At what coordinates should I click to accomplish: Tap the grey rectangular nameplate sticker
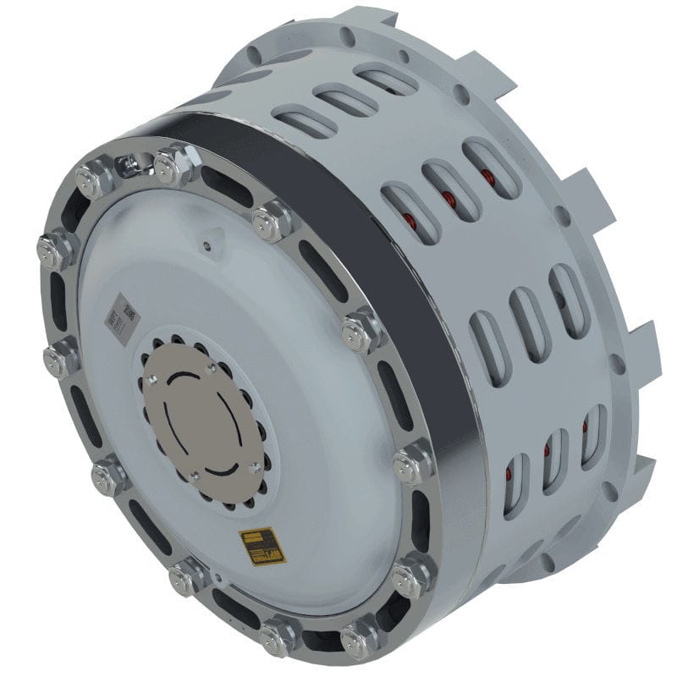click(119, 320)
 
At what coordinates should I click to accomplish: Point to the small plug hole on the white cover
click(206, 246)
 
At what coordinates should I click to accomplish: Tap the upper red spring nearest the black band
click(410, 222)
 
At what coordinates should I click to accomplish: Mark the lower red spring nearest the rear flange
click(586, 427)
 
